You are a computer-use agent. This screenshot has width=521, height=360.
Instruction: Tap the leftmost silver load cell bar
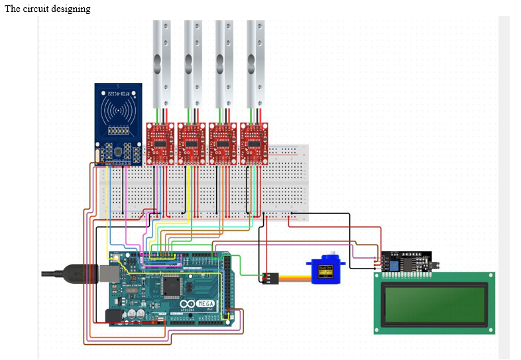click(162, 63)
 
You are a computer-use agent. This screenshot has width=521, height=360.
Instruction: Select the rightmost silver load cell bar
click(255, 63)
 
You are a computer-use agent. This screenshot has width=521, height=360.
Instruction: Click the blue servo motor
click(327, 271)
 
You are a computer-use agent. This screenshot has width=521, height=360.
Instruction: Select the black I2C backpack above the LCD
click(406, 261)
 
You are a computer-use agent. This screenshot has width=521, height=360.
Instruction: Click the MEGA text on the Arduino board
click(203, 302)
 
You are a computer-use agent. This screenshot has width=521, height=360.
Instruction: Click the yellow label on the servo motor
click(326, 270)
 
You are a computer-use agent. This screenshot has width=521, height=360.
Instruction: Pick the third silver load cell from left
click(224, 63)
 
